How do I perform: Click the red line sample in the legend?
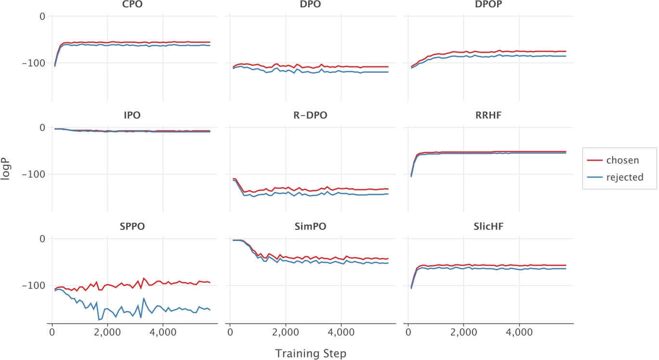coord(596,160)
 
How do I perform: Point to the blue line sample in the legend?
coord(596,177)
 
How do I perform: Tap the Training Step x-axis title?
coord(311,353)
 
